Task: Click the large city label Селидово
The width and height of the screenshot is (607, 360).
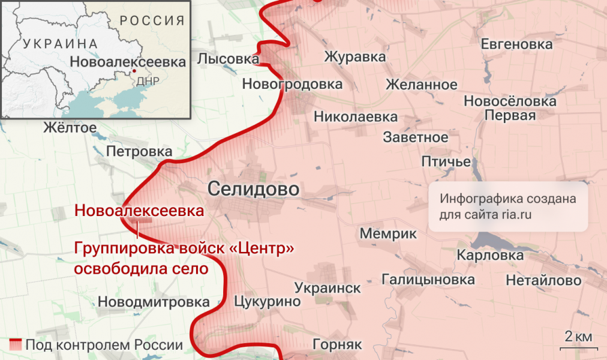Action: tap(253, 189)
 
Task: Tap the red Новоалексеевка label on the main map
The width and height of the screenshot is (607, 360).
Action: tap(139, 211)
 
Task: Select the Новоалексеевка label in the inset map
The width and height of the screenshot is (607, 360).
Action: tap(128, 62)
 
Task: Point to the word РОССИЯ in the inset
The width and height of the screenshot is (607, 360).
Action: tap(152, 21)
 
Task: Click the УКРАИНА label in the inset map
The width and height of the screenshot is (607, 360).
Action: tap(60, 44)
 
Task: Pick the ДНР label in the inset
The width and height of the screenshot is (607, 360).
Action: tap(148, 82)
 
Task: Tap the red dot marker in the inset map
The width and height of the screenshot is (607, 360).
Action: tap(134, 71)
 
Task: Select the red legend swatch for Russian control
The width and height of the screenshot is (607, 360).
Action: tap(16, 345)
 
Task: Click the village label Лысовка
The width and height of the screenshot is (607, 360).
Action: tap(227, 59)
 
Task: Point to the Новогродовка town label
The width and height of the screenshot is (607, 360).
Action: tap(292, 85)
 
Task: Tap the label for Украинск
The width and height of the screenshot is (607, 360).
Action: tap(327, 288)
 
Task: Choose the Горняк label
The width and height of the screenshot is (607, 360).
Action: tap(337, 345)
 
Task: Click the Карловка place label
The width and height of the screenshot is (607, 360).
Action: tap(489, 256)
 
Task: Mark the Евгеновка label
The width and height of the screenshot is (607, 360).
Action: tap(516, 44)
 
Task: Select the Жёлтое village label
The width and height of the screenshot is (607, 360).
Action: tap(70, 127)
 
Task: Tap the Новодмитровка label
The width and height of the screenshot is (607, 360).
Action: tap(154, 302)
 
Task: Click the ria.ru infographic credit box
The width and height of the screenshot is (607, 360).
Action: tap(507, 206)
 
